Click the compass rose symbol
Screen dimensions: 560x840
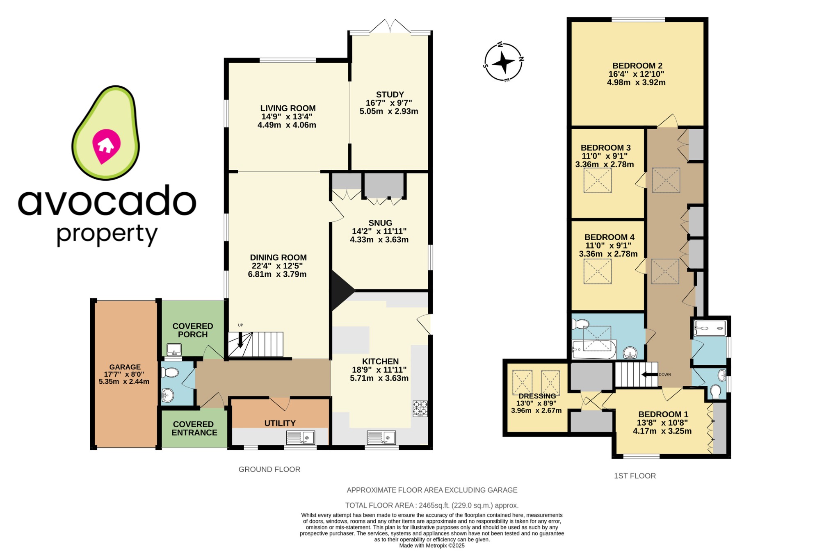(503, 63)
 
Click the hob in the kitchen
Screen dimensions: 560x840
(420, 408)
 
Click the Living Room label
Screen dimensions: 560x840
(288, 108)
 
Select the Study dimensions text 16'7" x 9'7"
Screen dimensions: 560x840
(389, 103)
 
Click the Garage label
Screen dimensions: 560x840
(125, 367)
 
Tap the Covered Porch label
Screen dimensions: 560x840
(193, 330)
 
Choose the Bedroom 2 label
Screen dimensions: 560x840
(637, 66)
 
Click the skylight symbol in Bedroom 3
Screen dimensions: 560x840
(598, 180)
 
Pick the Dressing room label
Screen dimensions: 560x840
(537, 396)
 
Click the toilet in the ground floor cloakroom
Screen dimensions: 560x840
(170, 373)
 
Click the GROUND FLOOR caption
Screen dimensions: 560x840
(269, 469)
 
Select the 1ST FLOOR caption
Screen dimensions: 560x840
(635, 476)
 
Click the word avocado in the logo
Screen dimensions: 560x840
(107, 202)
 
